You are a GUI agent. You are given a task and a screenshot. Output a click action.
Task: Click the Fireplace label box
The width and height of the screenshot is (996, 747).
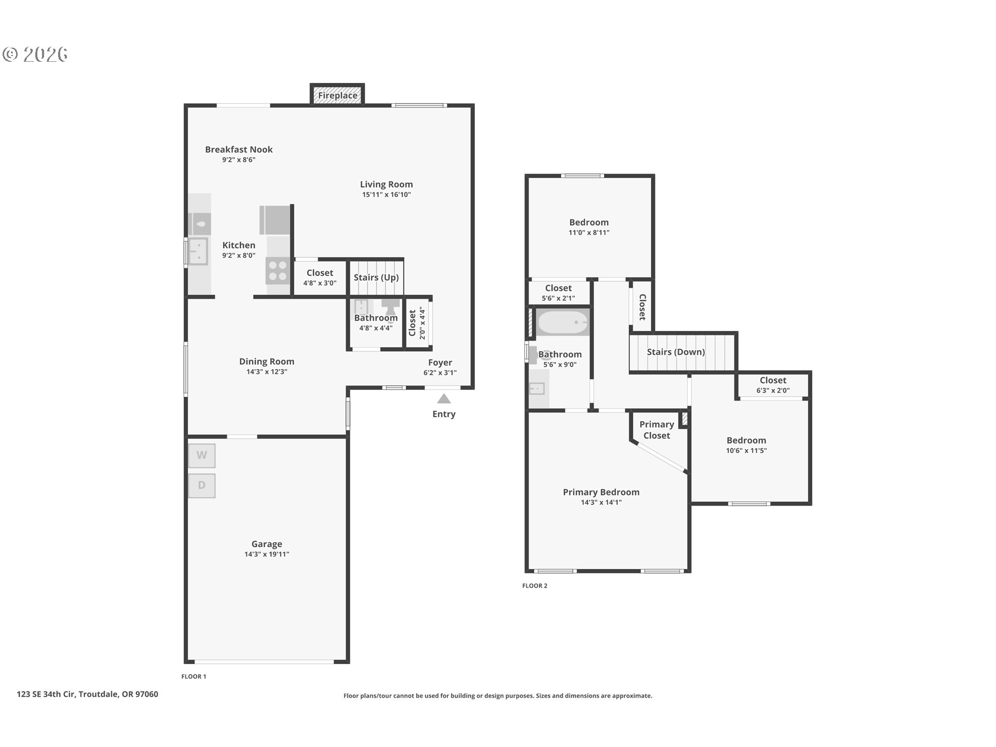[337, 95]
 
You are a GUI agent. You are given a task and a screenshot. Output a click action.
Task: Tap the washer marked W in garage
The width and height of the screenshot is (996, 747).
[201, 455]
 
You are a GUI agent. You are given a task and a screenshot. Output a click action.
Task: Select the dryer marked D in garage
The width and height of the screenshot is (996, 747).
[201, 486]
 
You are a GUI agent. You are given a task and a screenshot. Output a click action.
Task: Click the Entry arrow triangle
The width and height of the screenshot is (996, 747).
[444, 399]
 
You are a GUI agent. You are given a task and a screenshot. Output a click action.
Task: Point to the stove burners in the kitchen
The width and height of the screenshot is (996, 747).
[278, 271]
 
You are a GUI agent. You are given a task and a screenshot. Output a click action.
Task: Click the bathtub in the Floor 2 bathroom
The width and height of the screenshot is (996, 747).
[563, 323]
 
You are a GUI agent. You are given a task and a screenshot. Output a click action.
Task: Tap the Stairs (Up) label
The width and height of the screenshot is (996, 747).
[376, 278]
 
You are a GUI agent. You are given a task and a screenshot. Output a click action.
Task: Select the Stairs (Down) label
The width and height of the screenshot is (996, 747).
[675, 352]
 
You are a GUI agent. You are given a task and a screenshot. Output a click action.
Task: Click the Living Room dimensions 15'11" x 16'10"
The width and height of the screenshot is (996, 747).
[386, 195]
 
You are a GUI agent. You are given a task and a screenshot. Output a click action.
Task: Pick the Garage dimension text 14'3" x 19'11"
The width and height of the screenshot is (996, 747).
[267, 555]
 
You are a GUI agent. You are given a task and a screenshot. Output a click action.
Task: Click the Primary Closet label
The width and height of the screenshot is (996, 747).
[656, 430]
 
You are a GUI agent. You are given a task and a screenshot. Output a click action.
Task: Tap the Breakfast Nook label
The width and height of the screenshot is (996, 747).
[239, 149]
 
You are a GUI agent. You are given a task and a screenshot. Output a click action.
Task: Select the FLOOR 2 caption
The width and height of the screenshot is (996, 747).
[534, 586]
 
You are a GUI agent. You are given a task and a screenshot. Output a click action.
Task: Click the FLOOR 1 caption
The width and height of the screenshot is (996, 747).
[193, 676]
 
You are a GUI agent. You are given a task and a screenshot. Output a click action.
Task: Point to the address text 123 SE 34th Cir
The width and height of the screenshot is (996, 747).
[87, 694]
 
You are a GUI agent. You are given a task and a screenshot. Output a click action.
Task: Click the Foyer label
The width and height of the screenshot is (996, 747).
[440, 363]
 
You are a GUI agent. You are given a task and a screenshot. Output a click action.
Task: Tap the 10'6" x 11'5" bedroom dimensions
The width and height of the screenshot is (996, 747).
[746, 451]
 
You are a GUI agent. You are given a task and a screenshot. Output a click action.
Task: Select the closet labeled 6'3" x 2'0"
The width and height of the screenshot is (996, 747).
[772, 385]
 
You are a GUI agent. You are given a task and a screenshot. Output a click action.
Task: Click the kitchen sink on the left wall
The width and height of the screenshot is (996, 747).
[198, 251]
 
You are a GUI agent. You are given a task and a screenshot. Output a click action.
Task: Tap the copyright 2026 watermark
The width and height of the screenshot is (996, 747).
[35, 54]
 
